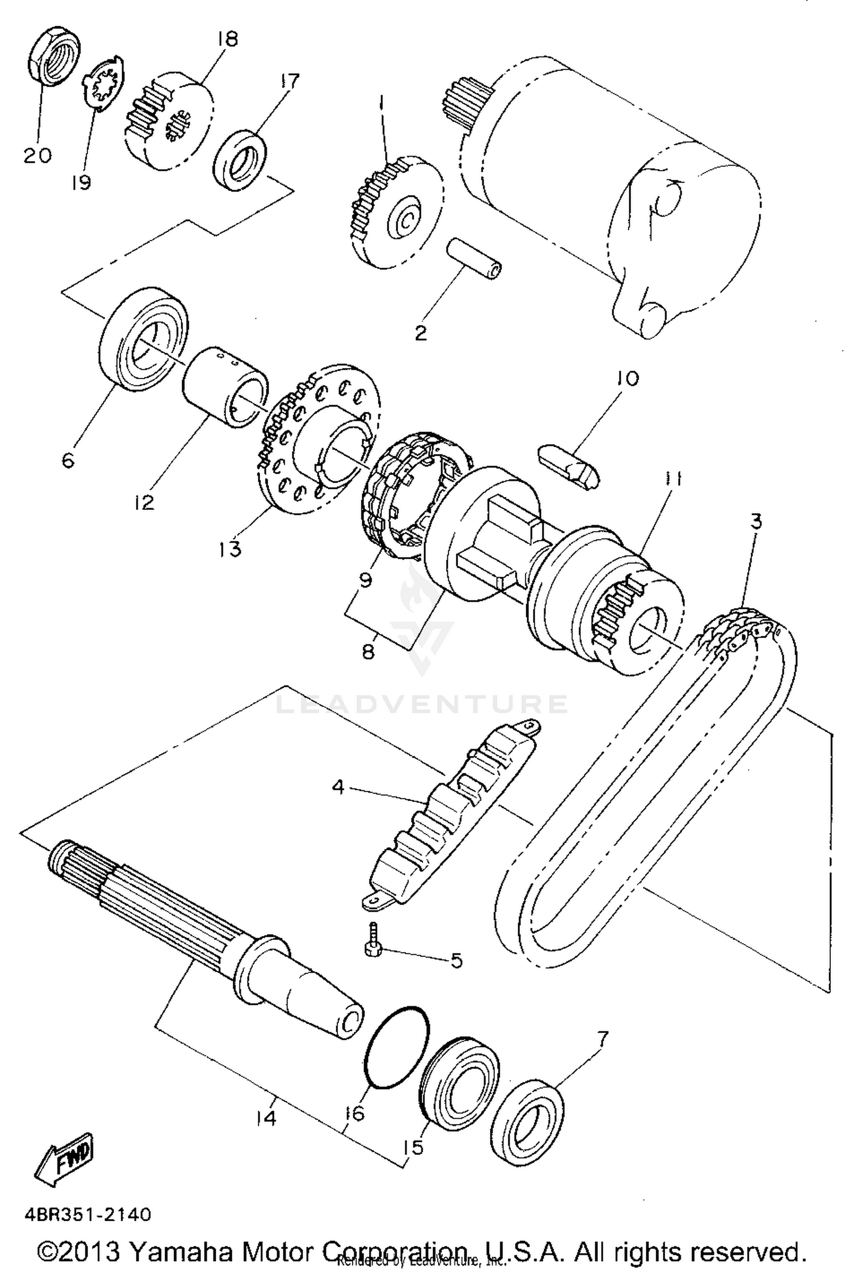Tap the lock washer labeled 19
click(x=101, y=84)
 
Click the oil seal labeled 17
click(x=241, y=161)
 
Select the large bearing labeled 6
click(x=144, y=340)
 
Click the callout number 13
click(x=230, y=548)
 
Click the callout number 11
click(x=672, y=479)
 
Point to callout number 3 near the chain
click(x=756, y=521)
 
